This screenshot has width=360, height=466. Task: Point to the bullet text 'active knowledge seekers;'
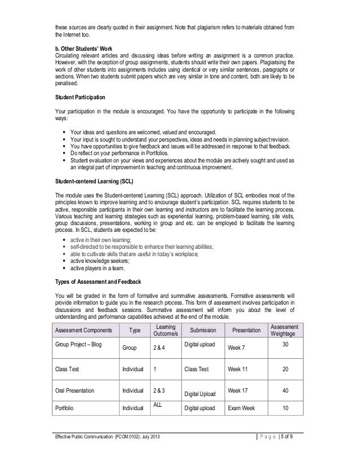coord(99,261)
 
